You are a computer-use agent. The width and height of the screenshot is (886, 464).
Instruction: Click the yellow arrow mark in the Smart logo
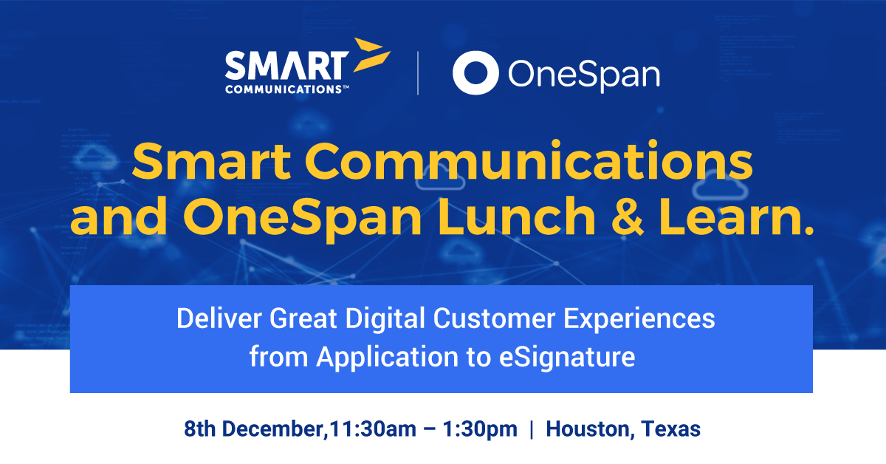click(371, 55)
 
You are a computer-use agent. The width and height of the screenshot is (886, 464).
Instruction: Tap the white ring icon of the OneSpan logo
click(475, 73)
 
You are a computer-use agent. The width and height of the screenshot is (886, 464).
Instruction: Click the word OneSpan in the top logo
click(584, 75)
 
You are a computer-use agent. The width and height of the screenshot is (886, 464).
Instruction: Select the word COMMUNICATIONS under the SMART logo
click(284, 89)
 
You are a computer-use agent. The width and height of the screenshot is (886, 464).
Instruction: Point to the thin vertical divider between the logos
click(418, 73)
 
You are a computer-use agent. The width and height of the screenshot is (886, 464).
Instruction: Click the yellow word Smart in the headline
click(212, 162)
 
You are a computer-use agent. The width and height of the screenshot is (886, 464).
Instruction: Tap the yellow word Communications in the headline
click(529, 160)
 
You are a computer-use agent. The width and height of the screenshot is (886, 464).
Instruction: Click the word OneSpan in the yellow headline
click(302, 219)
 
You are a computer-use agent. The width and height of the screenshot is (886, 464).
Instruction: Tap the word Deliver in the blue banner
click(219, 318)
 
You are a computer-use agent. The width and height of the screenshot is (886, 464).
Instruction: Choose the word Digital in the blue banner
click(385, 319)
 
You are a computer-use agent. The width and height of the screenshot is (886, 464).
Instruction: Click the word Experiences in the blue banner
click(639, 319)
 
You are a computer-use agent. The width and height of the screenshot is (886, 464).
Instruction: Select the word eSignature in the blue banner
click(567, 358)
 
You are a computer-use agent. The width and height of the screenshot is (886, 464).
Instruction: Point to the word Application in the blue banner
click(387, 358)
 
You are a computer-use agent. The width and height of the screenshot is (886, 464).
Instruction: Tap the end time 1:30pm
click(480, 429)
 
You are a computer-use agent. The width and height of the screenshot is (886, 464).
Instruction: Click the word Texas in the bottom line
click(671, 429)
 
